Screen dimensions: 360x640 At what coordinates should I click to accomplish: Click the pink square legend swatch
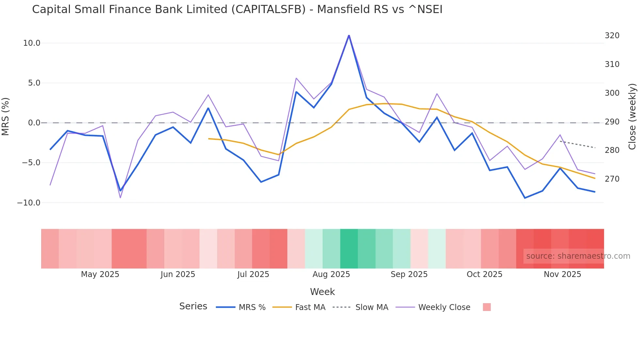(487, 307)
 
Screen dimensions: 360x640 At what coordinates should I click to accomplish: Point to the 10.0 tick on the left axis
(32, 43)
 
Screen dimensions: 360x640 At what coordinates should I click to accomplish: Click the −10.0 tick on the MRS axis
(29, 203)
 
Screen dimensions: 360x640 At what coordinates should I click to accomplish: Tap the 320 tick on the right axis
(612, 36)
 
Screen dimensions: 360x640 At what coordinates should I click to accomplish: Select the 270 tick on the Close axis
(612, 179)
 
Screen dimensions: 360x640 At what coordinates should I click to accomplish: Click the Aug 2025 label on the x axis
(331, 274)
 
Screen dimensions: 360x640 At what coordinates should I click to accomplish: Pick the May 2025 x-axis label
(100, 274)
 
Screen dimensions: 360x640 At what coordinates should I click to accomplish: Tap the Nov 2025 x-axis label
(562, 274)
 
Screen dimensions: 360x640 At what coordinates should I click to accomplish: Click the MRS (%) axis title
(6, 116)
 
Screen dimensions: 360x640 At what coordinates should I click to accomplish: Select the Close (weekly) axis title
(632, 117)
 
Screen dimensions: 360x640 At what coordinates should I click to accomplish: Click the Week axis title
(322, 292)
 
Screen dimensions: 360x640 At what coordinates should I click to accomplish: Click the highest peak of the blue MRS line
(349, 36)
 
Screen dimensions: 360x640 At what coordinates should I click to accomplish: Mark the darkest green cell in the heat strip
(349, 249)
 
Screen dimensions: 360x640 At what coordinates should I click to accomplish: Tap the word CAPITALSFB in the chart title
(268, 9)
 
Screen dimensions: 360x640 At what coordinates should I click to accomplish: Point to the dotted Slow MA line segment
(578, 144)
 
